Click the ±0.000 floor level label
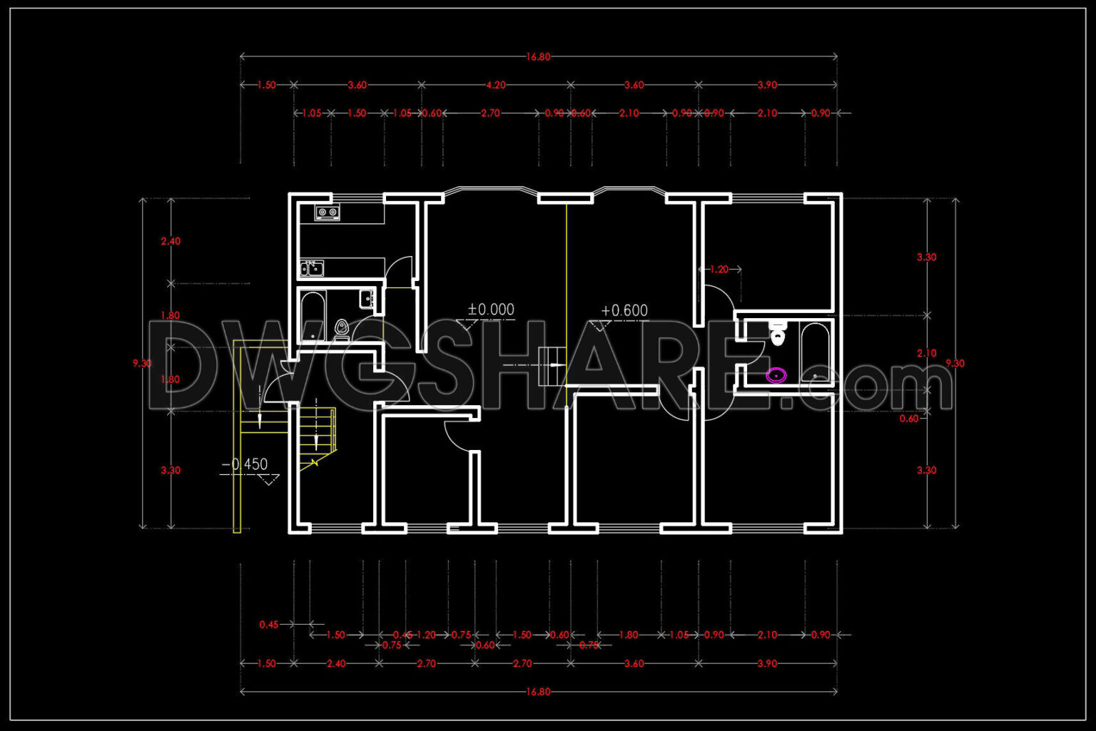pyautogui.click(x=491, y=310)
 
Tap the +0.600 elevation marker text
pyautogui.click(x=624, y=311)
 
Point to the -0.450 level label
pyautogui.click(x=245, y=464)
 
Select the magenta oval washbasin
pyautogui.click(x=776, y=374)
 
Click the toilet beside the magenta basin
pyautogui.click(x=777, y=333)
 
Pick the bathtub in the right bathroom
pyautogui.click(x=815, y=352)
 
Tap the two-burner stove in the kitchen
pyautogui.click(x=328, y=212)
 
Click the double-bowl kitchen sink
pyautogui.click(x=312, y=268)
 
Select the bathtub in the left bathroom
pyautogui.click(x=312, y=317)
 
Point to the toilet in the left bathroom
pyautogui.click(x=342, y=328)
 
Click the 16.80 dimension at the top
pyautogui.click(x=538, y=57)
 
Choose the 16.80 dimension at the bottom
pyautogui.click(x=538, y=692)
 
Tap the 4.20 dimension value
pyautogui.click(x=496, y=85)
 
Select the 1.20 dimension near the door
pyautogui.click(x=719, y=270)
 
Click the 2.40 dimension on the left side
pyautogui.click(x=171, y=241)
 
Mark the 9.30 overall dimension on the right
pyautogui.click(x=955, y=364)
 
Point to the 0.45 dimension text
pyautogui.click(x=269, y=625)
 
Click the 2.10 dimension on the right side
pyautogui.click(x=926, y=353)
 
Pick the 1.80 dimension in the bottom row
pyautogui.click(x=628, y=635)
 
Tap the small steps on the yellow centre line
pyautogui.click(x=551, y=365)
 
